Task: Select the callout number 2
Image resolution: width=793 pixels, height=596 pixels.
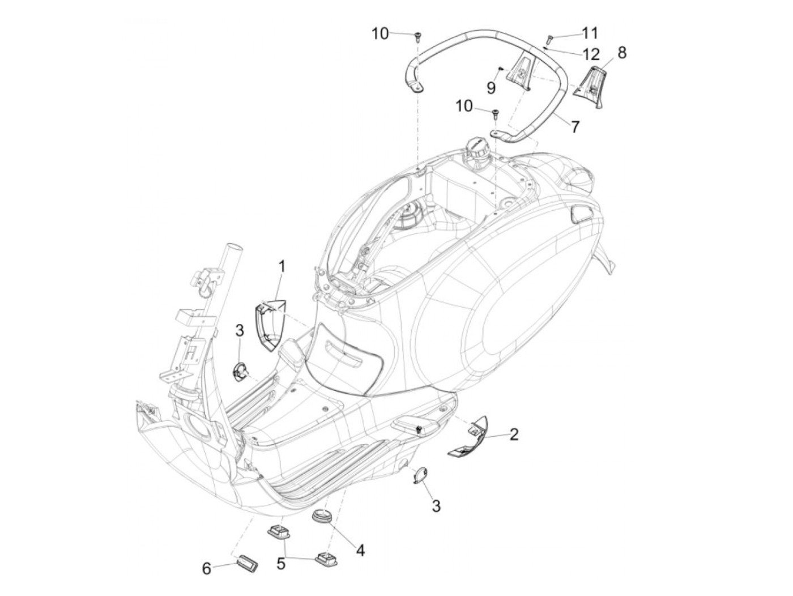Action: point(513,435)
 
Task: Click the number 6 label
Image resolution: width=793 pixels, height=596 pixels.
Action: point(207,568)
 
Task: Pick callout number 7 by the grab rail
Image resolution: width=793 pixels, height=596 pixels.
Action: point(575,126)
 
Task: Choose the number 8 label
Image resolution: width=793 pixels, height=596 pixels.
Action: point(621,53)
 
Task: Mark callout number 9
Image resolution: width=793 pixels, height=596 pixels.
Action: point(491,87)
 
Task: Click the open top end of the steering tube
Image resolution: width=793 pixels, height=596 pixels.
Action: point(233,232)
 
